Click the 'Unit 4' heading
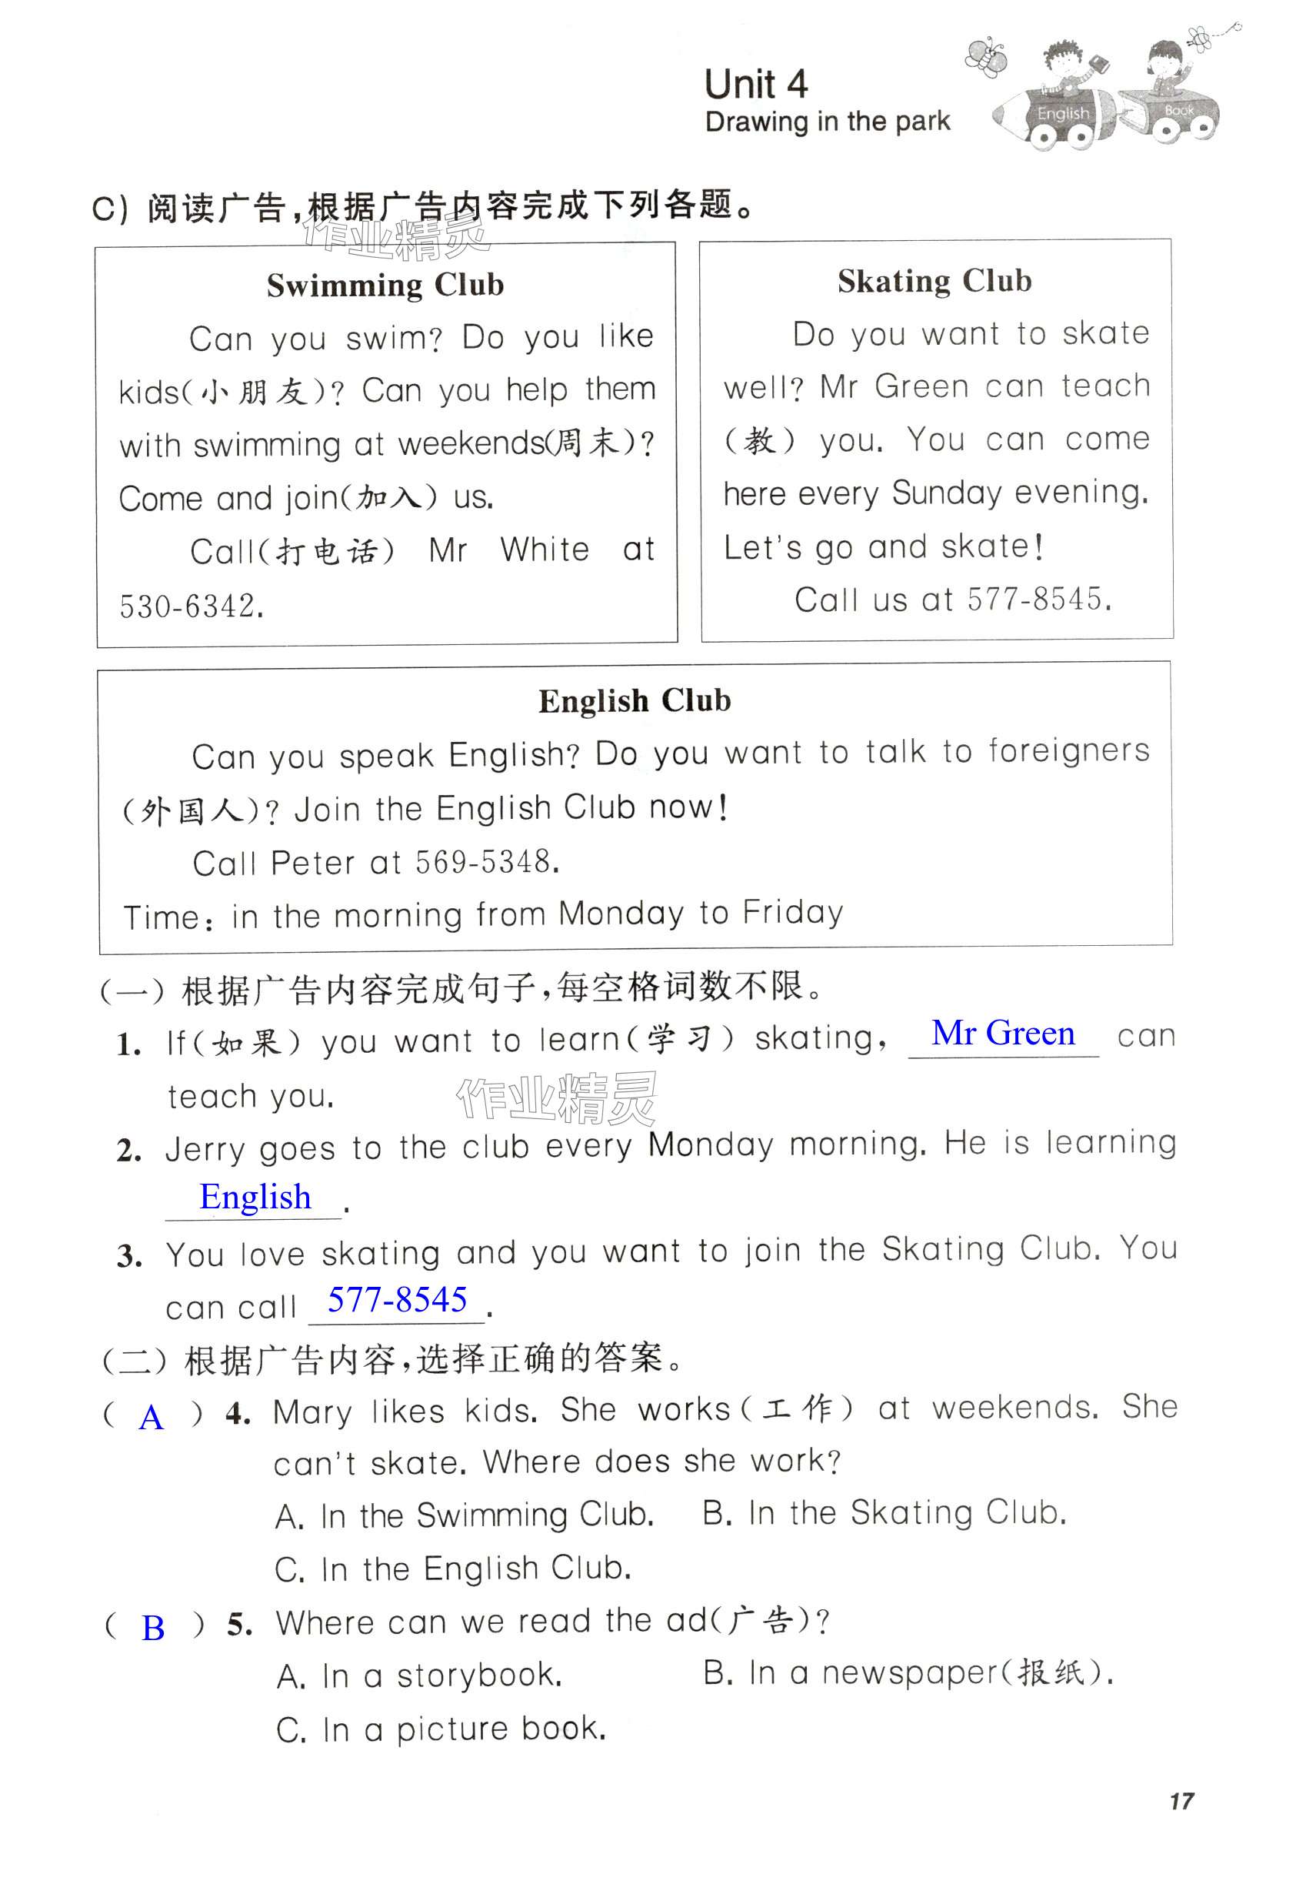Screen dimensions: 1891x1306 coord(755,85)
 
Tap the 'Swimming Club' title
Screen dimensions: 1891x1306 coord(385,285)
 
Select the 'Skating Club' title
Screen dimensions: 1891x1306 coord(934,281)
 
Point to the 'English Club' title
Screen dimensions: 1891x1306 coord(635,700)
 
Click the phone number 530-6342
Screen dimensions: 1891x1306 coord(191,606)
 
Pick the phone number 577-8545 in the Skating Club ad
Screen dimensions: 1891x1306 coord(1038,600)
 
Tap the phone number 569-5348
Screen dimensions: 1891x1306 coord(486,862)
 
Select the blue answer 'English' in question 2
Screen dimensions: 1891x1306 coord(255,1197)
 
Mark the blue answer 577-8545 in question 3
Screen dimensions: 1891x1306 coord(397,1299)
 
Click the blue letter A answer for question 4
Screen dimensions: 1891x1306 coord(152,1417)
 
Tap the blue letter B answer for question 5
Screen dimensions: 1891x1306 coord(153,1629)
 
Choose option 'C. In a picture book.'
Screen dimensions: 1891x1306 coord(441,1729)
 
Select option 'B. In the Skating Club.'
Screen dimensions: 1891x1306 coord(884,1514)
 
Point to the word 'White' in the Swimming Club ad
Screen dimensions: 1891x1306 coord(545,550)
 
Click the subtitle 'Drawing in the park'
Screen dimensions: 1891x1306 coord(827,122)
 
